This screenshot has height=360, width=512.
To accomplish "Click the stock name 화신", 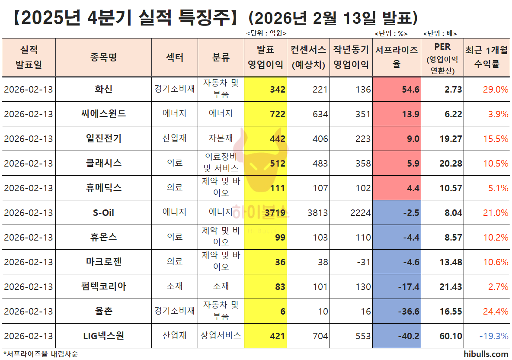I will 103,90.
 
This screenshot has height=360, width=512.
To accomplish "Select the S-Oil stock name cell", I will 103,213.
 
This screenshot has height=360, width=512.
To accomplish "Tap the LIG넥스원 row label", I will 103,336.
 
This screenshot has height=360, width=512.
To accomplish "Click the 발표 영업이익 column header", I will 265,57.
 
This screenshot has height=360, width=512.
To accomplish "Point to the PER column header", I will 442,57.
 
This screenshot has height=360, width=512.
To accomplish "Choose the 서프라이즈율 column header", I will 397,57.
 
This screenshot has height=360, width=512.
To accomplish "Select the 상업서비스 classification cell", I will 221,335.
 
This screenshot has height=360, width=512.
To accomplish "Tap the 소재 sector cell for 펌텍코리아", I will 175,286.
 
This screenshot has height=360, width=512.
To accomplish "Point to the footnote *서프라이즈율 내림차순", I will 41,354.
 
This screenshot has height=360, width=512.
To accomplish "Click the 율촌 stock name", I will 103,312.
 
